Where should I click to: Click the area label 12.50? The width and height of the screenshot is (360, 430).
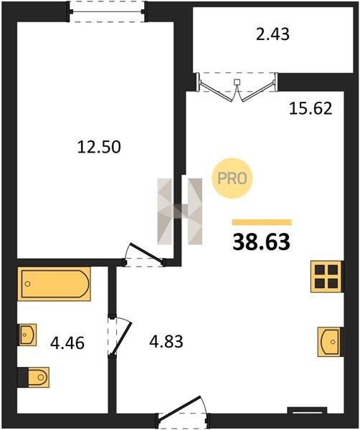tap(99, 147)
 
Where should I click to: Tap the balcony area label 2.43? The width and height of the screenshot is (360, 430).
tap(273, 34)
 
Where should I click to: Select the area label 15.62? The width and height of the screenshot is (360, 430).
tap(311, 108)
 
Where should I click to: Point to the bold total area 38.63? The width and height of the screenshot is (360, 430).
tap(261, 242)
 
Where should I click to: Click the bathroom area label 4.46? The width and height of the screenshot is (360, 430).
tap(67, 343)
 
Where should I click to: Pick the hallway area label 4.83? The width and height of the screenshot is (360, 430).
tap(166, 342)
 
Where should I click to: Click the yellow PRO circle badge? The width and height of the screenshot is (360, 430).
tap(232, 178)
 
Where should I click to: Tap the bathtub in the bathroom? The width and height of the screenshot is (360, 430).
tap(54, 284)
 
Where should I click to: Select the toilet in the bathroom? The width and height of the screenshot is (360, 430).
tap(34, 378)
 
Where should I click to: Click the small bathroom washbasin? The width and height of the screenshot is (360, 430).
tap(27, 335)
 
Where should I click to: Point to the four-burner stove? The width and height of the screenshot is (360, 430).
tap(326, 277)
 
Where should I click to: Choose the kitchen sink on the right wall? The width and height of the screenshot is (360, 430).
tap(330, 342)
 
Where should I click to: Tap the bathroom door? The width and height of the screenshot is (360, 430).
tap(120, 337)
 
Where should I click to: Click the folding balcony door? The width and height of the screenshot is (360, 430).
tap(237, 87)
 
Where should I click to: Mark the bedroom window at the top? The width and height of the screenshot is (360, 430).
tap(107, 11)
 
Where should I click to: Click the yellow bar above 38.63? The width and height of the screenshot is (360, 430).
tap(262, 222)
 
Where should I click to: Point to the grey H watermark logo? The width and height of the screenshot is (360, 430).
tap(180, 211)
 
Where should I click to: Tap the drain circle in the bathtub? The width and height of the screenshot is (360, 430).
tap(27, 284)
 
